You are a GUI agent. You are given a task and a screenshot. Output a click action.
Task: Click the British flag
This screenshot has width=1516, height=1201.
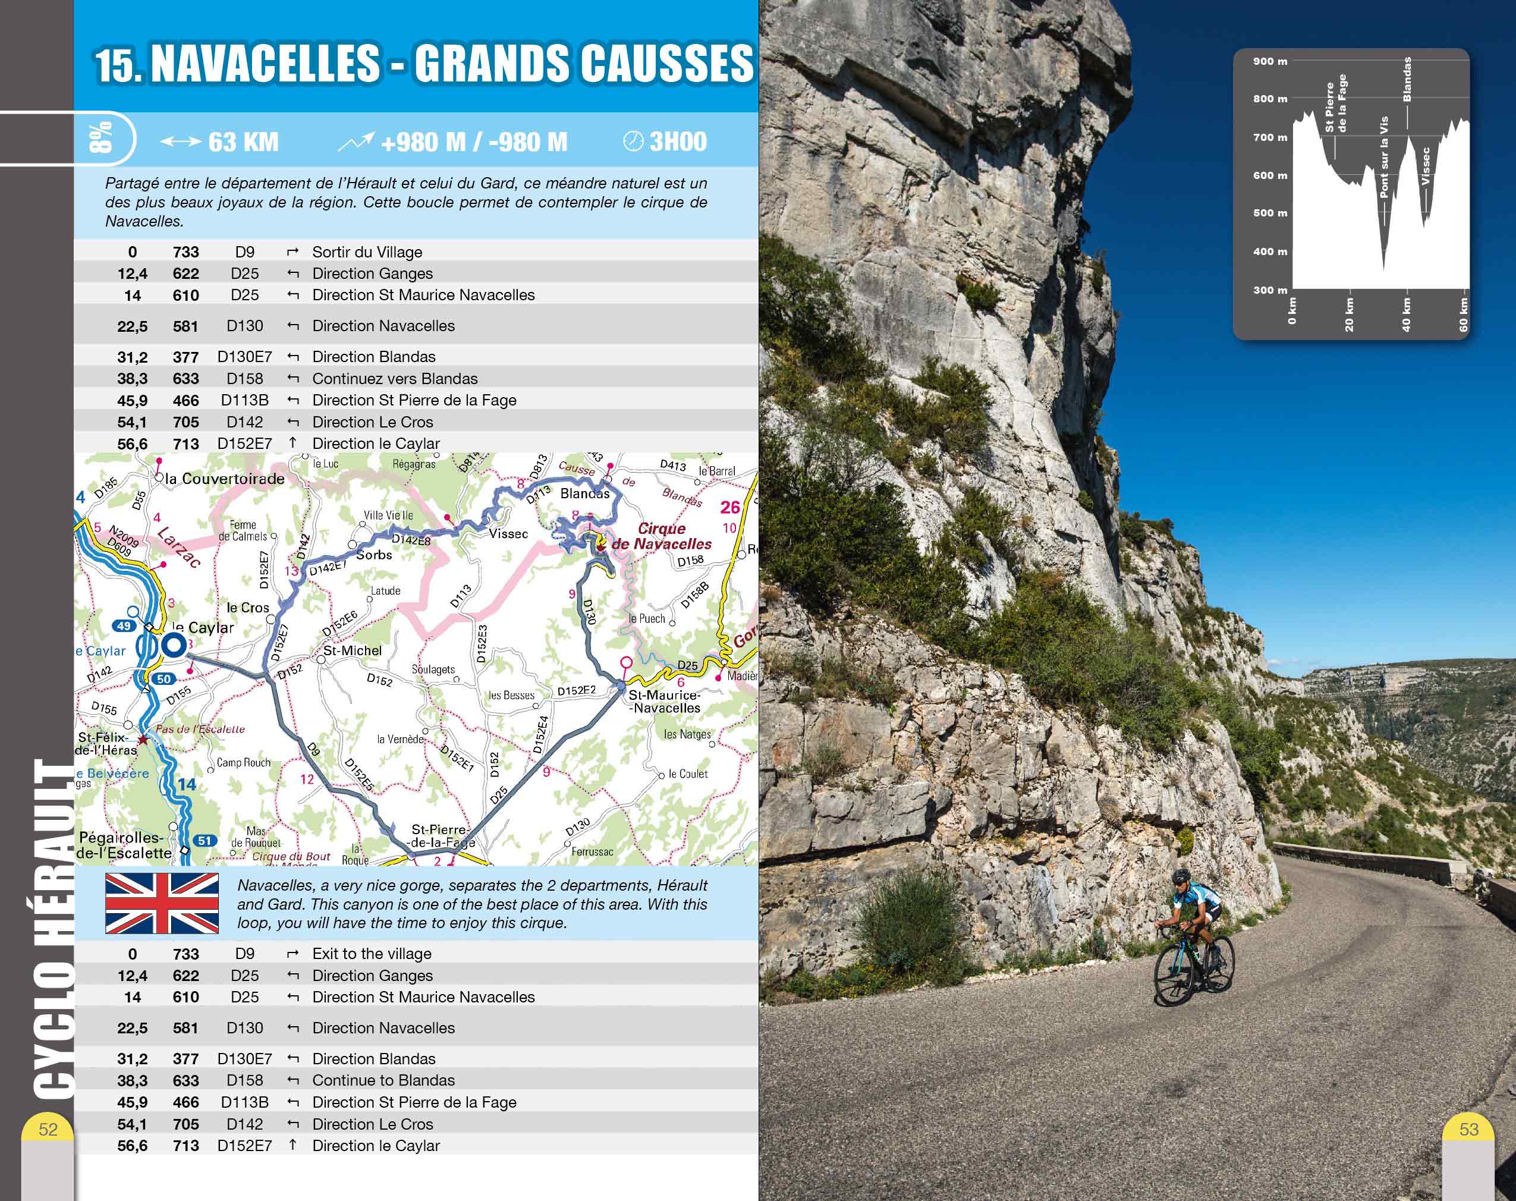tap(162, 904)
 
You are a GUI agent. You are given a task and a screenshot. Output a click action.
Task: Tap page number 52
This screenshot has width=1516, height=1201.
tap(48, 1129)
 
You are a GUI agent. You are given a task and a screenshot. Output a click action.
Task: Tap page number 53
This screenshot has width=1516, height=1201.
tap(1469, 1129)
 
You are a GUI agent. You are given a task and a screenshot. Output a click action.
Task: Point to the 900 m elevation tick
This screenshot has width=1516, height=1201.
tap(1270, 61)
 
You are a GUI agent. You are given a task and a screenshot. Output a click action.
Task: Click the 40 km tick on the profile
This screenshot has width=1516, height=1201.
tap(1406, 315)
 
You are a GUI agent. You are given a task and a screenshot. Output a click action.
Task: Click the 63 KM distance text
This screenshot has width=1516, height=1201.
tap(243, 142)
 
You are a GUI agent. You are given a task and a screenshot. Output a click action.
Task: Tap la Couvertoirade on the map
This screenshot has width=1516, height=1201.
tap(224, 479)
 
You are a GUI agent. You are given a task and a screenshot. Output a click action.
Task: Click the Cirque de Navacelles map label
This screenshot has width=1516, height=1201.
tap(661, 536)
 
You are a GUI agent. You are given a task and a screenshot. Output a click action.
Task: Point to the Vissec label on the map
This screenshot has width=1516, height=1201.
tap(508, 534)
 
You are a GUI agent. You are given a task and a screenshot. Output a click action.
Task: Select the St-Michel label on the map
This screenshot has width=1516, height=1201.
tap(353, 650)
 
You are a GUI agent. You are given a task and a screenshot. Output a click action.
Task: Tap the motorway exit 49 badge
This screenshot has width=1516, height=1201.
tap(124, 625)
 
